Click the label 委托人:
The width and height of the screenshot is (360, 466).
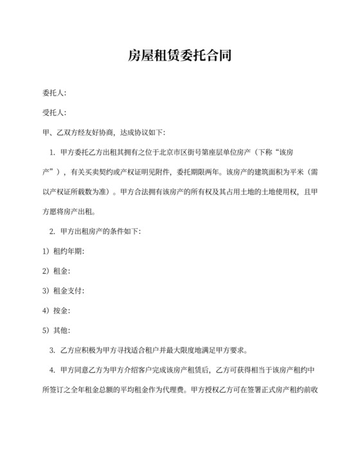(x=53, y=94)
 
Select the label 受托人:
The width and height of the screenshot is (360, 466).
(x=53, y=113)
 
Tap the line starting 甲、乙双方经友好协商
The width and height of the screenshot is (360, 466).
(x=103, y=133)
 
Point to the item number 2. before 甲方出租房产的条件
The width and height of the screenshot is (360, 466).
(x=52, y=231)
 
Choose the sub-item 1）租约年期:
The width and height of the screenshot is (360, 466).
(x=63, y=251)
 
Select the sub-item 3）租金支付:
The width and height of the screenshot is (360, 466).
(x=63, y=291)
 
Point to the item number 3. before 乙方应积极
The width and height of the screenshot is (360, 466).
(x=52, y=351)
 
